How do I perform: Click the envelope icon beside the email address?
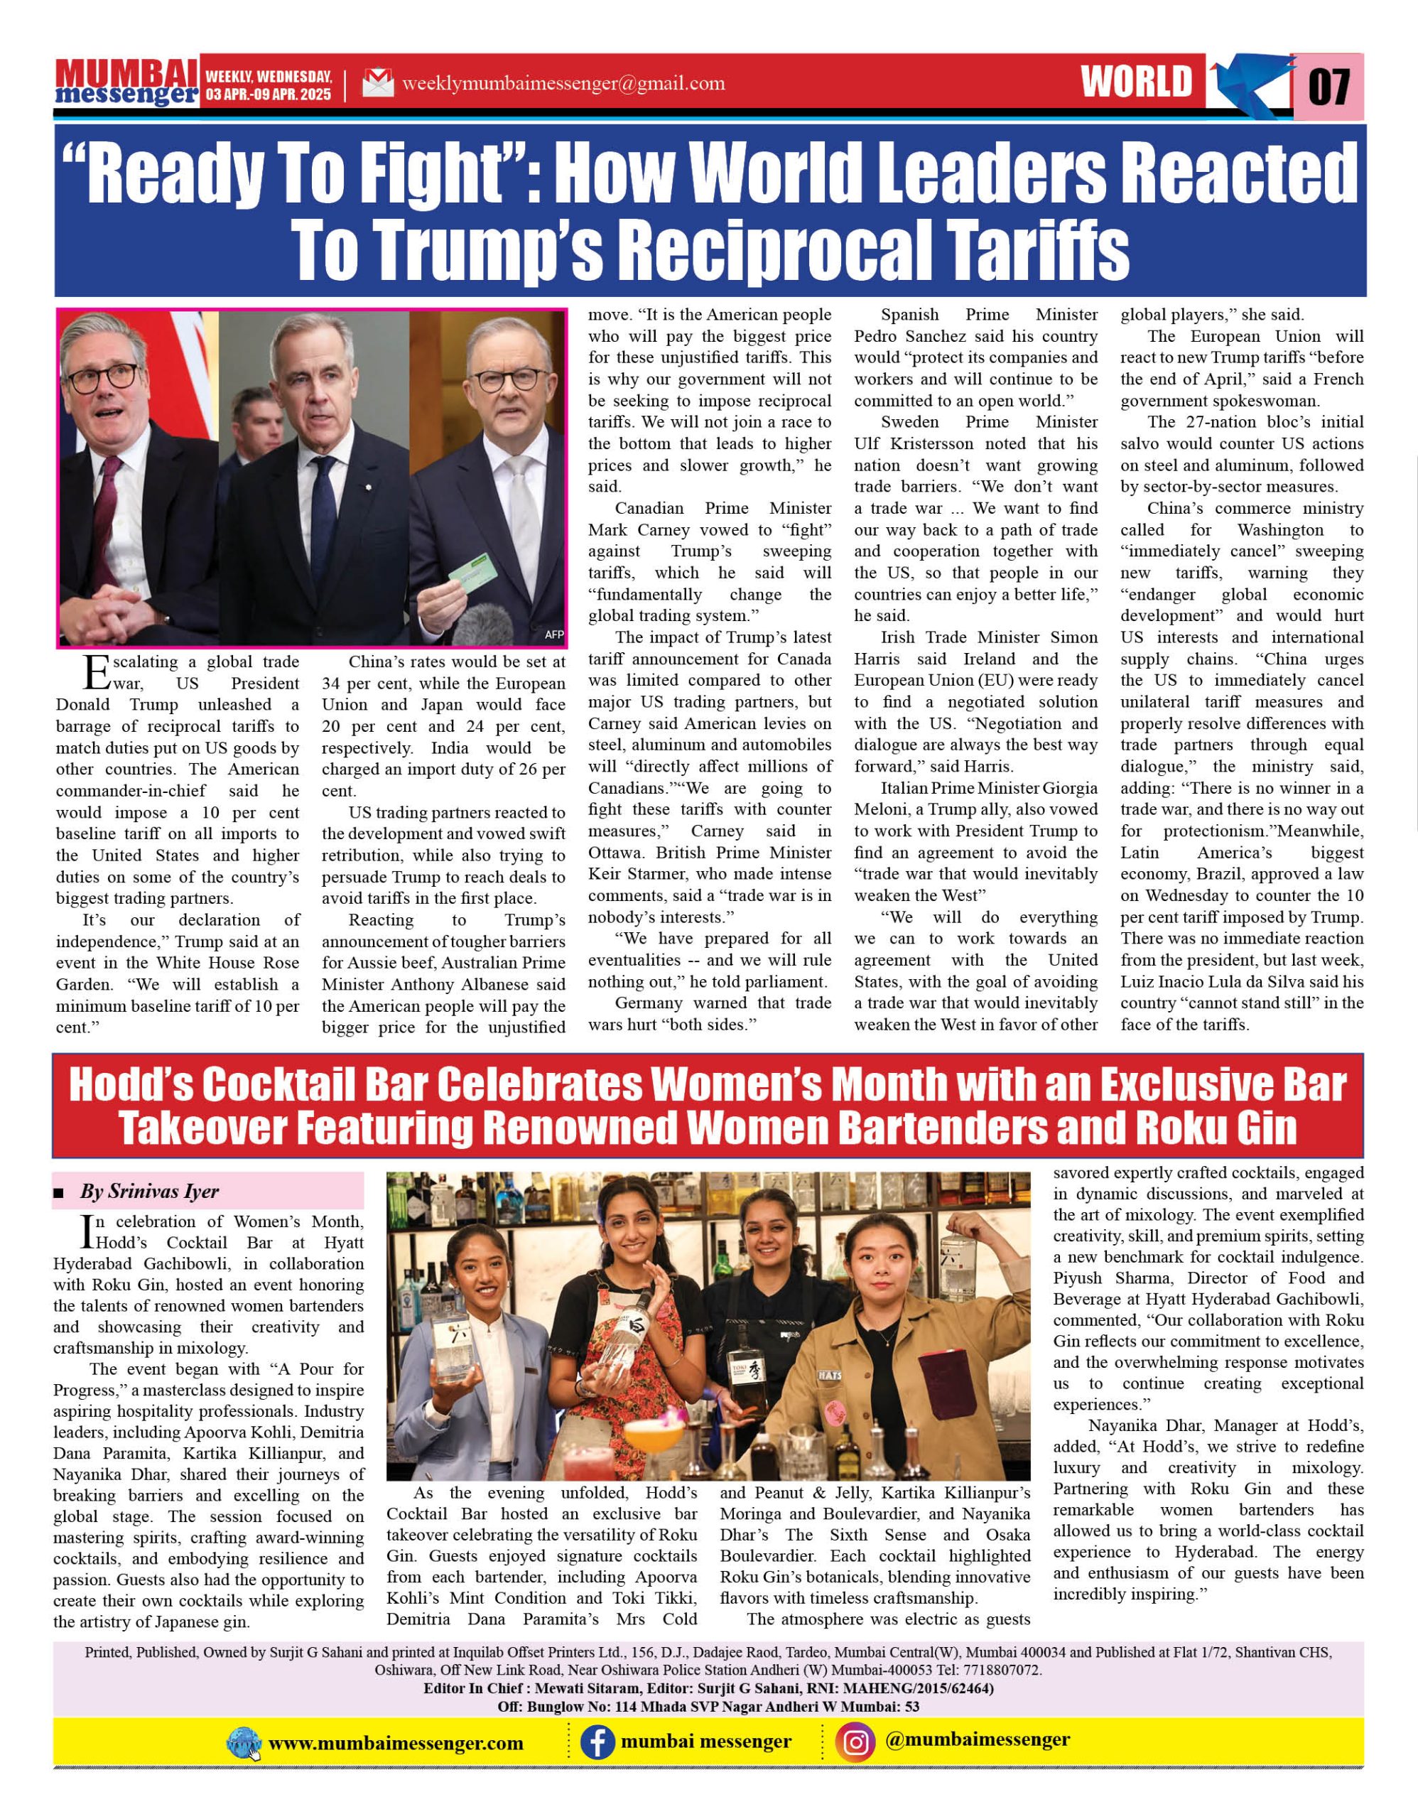[378, 83]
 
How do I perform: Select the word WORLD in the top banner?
[1137, 82]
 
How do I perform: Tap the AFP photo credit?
[553, 635]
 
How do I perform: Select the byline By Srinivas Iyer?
[149, 1191]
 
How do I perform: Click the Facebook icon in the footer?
[597, 1742]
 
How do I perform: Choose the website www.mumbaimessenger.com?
[396, 1743]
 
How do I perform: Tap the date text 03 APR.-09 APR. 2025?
[268, 94]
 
